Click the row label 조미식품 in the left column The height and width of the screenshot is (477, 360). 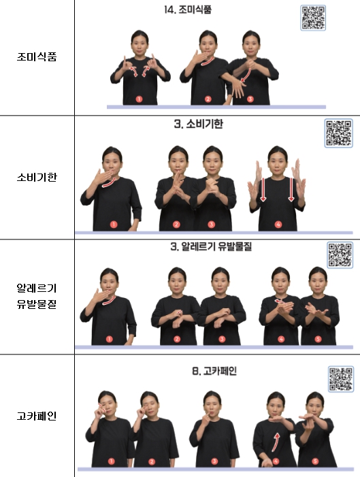point(37,57)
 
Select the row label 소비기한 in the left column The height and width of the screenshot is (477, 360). point(37,178)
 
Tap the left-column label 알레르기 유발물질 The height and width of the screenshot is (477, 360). point(37,296)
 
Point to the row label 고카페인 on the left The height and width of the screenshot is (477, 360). point(37,415)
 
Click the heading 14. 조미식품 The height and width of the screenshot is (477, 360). point(207,10)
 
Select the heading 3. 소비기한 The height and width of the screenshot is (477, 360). point(198,125)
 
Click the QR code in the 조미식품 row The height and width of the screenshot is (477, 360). point(312,17)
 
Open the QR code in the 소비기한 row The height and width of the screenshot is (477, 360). point(339,133)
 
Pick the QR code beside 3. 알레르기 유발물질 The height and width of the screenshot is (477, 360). point(340,254)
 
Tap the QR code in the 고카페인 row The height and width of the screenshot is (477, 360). point(341,378)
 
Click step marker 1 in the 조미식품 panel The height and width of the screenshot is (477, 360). point(139,99)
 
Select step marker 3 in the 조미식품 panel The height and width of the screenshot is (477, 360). point(250,99)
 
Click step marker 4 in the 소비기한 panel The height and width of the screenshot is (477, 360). point(277,224)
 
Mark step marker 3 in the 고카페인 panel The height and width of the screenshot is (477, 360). point(214,461)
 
